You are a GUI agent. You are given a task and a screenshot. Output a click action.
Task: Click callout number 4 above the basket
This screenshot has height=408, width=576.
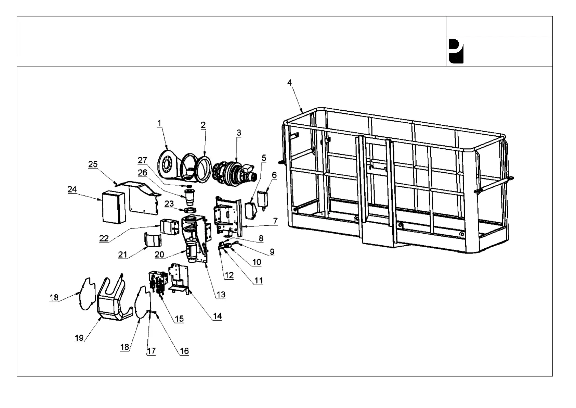tap(289, 83)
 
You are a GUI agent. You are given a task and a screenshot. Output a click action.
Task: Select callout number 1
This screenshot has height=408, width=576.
tap(159, 123)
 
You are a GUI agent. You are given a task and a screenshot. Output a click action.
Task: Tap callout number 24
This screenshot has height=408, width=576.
tap(72, 189)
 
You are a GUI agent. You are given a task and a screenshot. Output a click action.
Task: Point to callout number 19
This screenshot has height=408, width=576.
tap(79, 338)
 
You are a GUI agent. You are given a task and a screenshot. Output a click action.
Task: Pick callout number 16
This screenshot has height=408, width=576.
tap(184, 351)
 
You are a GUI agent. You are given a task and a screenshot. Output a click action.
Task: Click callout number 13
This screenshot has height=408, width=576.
tap(221, 295)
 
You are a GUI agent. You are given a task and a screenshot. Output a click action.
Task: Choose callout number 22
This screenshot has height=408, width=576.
tap(104, 238)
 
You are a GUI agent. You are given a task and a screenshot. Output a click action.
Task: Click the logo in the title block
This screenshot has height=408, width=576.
tap(456, 51)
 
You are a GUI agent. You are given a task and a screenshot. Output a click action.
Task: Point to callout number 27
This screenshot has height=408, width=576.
tap(142, 160)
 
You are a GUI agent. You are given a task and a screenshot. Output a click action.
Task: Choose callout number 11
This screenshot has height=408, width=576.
tap(259, 281)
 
